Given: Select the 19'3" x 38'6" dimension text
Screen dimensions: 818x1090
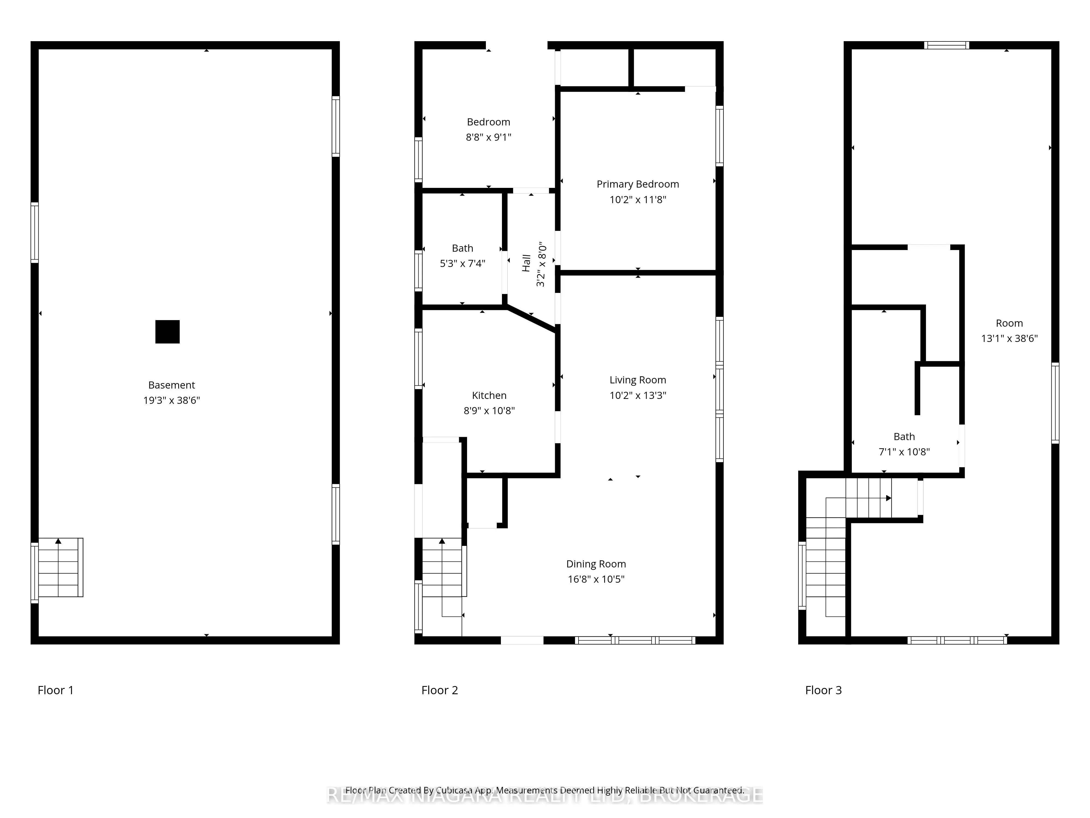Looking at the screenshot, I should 171,400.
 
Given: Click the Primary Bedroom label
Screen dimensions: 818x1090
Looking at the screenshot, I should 638,184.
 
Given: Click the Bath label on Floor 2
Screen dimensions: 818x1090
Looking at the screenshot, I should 462,248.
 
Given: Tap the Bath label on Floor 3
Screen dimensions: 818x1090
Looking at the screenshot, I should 904,436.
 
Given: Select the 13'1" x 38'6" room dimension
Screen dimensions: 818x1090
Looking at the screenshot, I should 1009,339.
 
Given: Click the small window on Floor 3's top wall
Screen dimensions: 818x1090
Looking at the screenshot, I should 947,45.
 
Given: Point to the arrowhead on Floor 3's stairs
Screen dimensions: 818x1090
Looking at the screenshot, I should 888,498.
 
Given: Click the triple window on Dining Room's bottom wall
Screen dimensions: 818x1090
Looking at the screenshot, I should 635,640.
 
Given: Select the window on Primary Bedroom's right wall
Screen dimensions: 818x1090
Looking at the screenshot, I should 719,136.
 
